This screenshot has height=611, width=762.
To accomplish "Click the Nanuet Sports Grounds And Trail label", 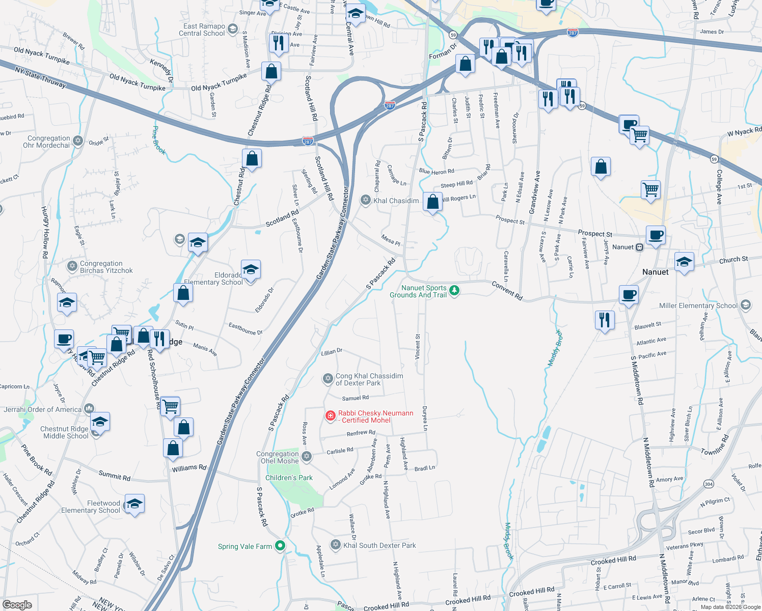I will pyautogui.click(x=418, y=291).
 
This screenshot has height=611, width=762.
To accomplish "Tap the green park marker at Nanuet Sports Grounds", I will pyautogui.click(x=454, y=290).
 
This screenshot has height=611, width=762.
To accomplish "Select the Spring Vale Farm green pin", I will pyautogui.click(x=280, y=546).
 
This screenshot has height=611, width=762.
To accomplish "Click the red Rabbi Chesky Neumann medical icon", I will pyautogui.click(x=331, y=416).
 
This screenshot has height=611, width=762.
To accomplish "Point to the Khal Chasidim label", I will pyautogui.click(x=396, y=201).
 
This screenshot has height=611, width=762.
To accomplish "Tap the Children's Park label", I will pyautogui.click(x=289, y=478).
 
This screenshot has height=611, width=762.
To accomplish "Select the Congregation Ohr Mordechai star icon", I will pyautogui.click(x=78, y=141).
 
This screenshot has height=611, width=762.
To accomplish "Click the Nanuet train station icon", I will pyautogui.click(x=640, y=247).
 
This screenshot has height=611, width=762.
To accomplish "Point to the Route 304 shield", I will pyautogui.click(x=709, y=484).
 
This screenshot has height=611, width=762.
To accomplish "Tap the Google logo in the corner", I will pyautogui.click(x=17, y=604).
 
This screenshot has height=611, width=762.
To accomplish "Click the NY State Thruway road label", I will pyautogui.click(x=40, y=77).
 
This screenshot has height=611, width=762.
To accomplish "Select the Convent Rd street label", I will pyautogui.click(x=507, y=290).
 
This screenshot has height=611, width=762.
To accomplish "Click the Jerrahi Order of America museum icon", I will pyautogui.click(x=89, y=408).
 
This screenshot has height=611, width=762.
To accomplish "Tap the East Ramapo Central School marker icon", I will pyautogui.click(x=233, y=29).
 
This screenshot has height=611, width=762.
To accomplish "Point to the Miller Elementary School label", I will pyautogui.click(x=698, y=305).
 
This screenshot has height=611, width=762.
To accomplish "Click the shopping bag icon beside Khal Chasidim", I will pyautogui.click(x=432, y=202).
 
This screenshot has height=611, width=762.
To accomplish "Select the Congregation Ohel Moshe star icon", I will pyautogui.click(x=307, y=456).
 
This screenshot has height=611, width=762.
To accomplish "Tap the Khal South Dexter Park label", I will pyautogui.click(x=379, y=545).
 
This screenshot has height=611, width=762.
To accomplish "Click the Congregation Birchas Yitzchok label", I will pyautogui.click(x=106, y=267).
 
